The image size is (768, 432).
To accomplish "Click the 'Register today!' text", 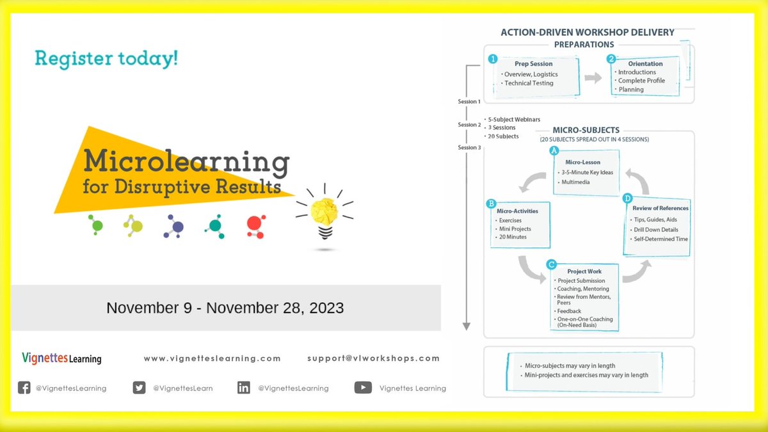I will (106, 60).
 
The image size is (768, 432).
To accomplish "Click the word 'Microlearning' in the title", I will (186, 163).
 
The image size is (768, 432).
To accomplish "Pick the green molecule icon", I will (96, 225).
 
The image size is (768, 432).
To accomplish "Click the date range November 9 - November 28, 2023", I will (225, 308).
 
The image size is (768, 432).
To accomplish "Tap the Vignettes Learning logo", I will (61, 358).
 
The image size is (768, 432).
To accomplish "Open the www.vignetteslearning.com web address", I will (212, 358).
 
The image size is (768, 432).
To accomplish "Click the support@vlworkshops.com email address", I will (373, 358).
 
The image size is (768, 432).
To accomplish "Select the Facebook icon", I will (24, 387).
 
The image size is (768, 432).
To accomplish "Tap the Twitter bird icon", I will (139, 387).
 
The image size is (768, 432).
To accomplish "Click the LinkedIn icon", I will (244, 387).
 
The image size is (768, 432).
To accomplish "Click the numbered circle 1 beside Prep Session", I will (493, 59).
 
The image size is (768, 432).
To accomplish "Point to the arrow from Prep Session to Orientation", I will (593, 77).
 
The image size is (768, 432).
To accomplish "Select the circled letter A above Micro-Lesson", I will (555, 151).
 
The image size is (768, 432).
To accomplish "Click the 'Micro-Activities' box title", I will (517, 211).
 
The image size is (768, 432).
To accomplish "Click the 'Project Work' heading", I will (584, 271).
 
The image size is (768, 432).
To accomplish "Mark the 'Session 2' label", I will (469, 125).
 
